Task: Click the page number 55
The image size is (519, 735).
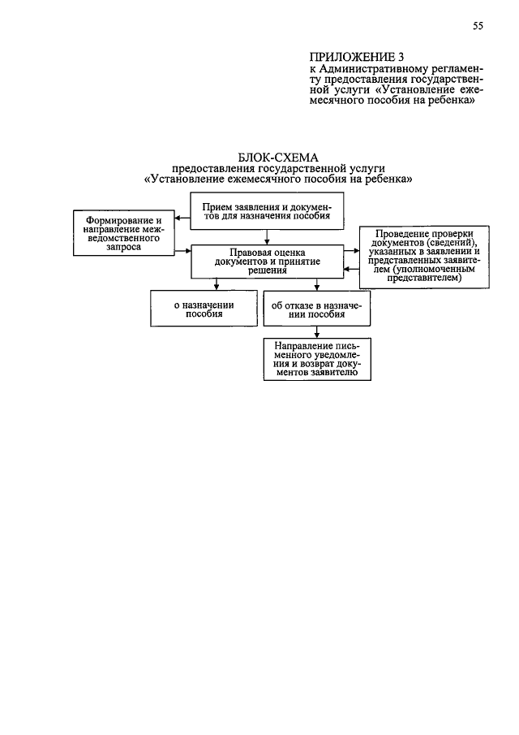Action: pos(478,26)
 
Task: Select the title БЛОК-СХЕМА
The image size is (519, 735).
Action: pos(278,158)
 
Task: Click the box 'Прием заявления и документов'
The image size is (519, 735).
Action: pos(267,212)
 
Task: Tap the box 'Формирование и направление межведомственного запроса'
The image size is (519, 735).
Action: pos(124,233)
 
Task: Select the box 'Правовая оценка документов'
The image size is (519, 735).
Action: pos(268,262)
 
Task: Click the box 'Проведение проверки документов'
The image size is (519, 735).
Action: pos(424,257)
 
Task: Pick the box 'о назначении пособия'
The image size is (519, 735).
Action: pos(204,309)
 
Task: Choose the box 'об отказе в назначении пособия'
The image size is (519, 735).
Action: pos(317,309)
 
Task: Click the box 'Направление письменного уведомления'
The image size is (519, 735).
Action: pos(317,359)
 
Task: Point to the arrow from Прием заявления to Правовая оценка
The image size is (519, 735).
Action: pos(267,237)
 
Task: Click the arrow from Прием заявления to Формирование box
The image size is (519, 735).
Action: pos(182,218)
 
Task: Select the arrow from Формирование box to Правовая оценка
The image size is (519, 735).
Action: pos(183,251)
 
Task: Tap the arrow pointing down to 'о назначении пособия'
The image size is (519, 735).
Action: pos(217,284)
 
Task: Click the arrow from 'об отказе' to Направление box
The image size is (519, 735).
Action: pos(317,332)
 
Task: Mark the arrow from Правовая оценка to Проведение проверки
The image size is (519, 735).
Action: pos(351,251)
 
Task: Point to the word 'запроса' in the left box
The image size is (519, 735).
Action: pos(123,248)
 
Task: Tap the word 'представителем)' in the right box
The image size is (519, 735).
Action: pos(424,278)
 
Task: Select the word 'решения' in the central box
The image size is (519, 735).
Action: pos(268,270)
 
